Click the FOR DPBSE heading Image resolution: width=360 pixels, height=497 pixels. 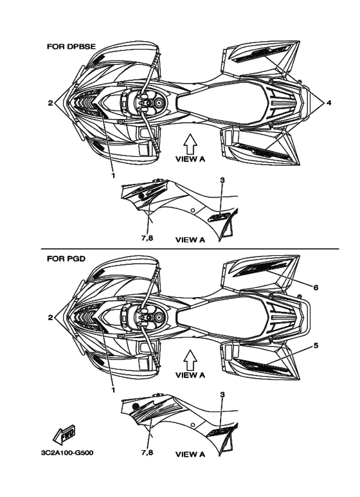71,46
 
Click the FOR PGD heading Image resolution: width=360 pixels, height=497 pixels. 66,258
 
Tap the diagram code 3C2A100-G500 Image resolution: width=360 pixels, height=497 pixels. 67,453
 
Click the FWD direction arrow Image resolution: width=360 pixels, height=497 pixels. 64,433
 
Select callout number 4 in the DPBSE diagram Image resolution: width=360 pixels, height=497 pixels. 329,103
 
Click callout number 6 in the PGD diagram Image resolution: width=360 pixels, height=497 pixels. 316,287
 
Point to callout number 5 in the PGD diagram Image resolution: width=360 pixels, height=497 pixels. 316,345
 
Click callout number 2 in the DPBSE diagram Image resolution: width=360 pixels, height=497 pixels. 50,103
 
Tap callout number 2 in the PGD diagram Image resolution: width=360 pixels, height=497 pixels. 50,318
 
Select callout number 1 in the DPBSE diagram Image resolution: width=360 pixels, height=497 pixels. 113,176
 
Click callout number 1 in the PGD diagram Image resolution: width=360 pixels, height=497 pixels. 113,390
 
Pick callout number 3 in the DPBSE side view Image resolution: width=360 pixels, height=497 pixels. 222,180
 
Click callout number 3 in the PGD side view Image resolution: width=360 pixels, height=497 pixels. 222,395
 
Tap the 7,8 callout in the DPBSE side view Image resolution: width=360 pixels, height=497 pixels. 147,237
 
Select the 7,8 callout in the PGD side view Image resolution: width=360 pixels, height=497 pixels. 147,452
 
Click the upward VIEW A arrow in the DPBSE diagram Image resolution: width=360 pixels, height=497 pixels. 190,144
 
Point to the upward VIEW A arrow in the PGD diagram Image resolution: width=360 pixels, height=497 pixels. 190,360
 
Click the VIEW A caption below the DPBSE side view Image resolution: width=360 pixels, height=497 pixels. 190,240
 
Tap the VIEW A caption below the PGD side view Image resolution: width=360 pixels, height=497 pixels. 190,455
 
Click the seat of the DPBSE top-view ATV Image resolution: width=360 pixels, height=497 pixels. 222,103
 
